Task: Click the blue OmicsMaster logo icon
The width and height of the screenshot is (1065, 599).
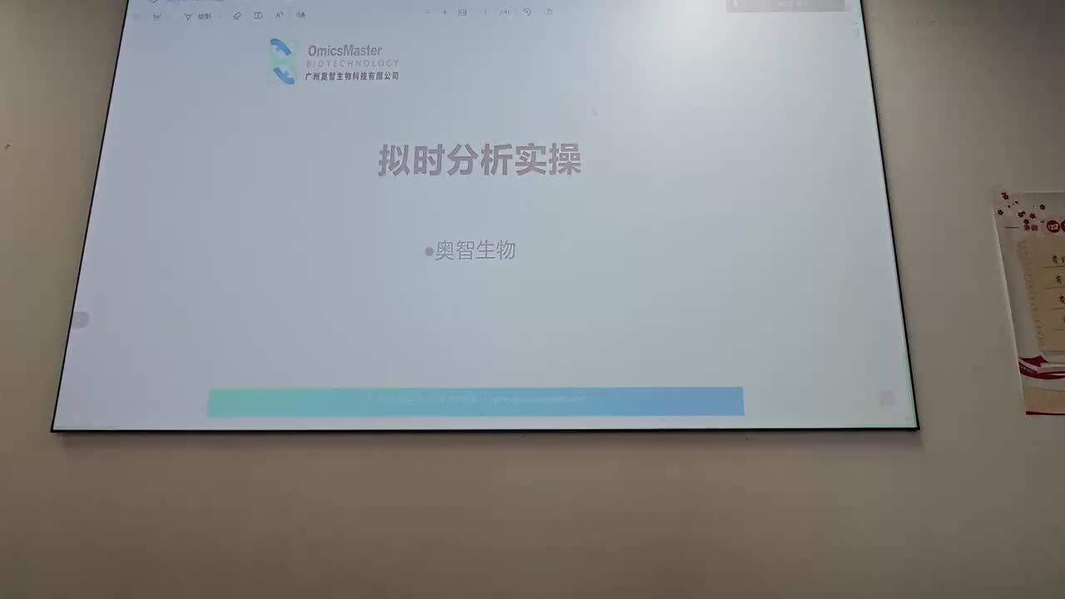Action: pyautogui.click(x=283, y=62)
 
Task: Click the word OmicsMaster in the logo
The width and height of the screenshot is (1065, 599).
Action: pyautogui.click(x=344, y=51)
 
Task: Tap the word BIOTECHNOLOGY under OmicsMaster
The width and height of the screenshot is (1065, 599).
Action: pyautogui.click(x=352, y=63)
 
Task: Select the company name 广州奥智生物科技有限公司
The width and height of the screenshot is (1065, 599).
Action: pyautogui.click(x=351, y=76)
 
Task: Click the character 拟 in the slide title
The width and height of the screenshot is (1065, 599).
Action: pyautogui.click(x=394, y=161)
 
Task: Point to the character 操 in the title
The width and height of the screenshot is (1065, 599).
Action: pyautogui.click(x=564, y=161)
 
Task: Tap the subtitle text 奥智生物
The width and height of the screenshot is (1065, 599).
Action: pyautogui.click(x=475, y=250)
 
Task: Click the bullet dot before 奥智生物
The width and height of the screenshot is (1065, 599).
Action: pyautogui.click(x=429, y=251)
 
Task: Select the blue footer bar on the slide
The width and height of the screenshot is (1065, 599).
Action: pyautogui.click(x=475, y=401)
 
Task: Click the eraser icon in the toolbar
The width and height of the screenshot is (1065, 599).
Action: pyautogui.click(x=237, y=16)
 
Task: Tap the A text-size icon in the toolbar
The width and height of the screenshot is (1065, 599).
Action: pyautogui.click(x=279, y=15)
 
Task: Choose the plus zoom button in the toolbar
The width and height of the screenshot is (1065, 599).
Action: pyautogui.click(x=444, y=12)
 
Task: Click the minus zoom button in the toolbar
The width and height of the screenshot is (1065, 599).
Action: pyautogui.click(x=428, y=12)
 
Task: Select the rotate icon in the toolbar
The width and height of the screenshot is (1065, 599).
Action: pyautogui.click(x=527, y=12)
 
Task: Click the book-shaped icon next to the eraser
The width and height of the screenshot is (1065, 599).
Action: pyautogui.click(x=258, y=16)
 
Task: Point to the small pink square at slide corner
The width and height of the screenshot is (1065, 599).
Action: pyautogui.click(x=885, y=399)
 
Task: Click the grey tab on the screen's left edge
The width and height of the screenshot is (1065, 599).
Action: pyautogui.click(x=79, y=319)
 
